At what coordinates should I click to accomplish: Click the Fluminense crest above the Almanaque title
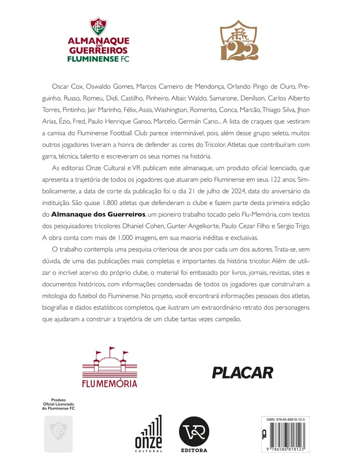[98, 28]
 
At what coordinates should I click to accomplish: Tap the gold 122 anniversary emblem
[239, 41]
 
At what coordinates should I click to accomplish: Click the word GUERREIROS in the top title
[98, 51]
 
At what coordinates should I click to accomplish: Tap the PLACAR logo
[242, 373]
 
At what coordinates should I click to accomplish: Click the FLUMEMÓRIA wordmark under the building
[110, 384]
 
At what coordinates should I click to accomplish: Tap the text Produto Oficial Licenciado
[59, 404]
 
